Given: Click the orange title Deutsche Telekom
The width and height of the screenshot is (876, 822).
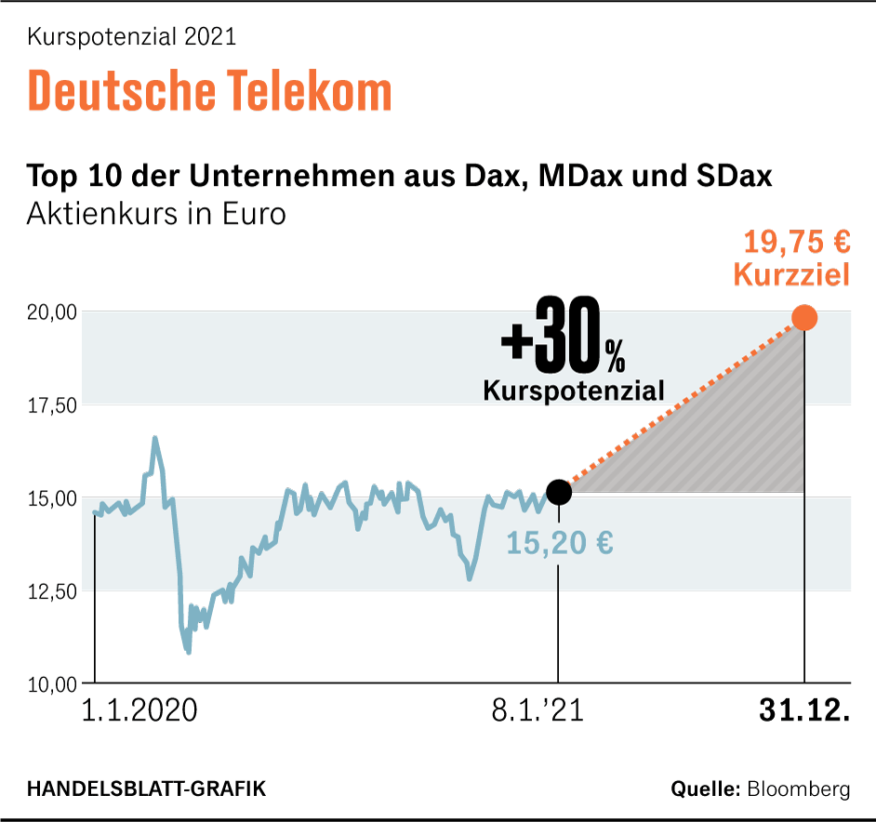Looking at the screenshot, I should point(210,91).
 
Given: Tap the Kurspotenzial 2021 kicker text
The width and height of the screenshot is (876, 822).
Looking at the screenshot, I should point(132,37).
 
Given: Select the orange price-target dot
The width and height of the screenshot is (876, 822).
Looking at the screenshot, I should point(803,318).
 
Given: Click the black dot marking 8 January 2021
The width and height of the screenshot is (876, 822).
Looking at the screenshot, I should point(558,492).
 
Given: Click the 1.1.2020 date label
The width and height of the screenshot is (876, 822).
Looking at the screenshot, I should point(139,711).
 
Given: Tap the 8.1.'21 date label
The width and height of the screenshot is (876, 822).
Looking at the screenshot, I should point(537,711).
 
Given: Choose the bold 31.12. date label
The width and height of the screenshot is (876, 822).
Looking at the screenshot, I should point(804,711).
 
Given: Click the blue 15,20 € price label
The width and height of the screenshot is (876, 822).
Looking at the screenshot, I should point(559,542).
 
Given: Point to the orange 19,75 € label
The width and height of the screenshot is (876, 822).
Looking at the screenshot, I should point(796,243).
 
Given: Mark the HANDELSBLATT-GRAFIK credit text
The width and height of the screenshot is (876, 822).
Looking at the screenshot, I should point(146,789).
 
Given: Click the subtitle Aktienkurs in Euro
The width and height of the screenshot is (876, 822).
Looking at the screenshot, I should point(156,214).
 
